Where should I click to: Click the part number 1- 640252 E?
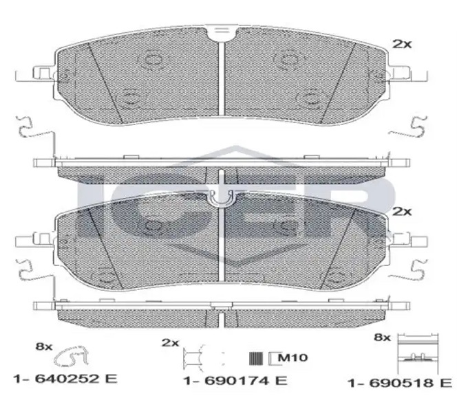65,379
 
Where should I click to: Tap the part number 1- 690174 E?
235,380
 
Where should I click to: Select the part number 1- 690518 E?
400,383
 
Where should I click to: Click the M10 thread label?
293,357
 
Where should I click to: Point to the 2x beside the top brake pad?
402,44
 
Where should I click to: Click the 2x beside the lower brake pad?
402,212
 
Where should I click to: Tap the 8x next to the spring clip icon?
44,346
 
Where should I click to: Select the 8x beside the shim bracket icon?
382,338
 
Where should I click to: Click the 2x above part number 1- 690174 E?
170,343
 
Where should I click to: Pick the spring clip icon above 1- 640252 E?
72,356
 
